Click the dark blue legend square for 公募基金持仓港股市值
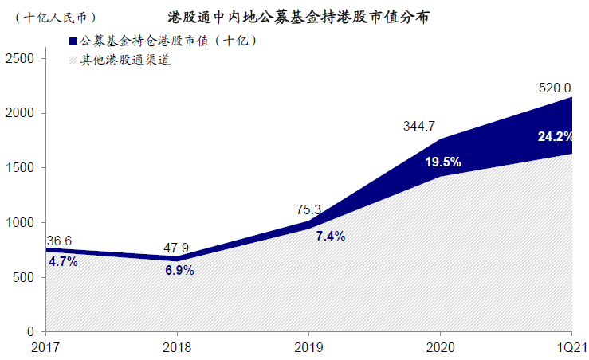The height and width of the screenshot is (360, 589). tap(73, 41)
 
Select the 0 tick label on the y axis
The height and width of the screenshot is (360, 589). tap(29, 331)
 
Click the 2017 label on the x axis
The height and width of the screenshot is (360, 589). tap(47, 347)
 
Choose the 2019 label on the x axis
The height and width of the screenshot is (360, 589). tap(309, 347)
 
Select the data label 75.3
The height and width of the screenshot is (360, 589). tap(308, 210)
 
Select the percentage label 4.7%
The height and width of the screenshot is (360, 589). tap(63, 261)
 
